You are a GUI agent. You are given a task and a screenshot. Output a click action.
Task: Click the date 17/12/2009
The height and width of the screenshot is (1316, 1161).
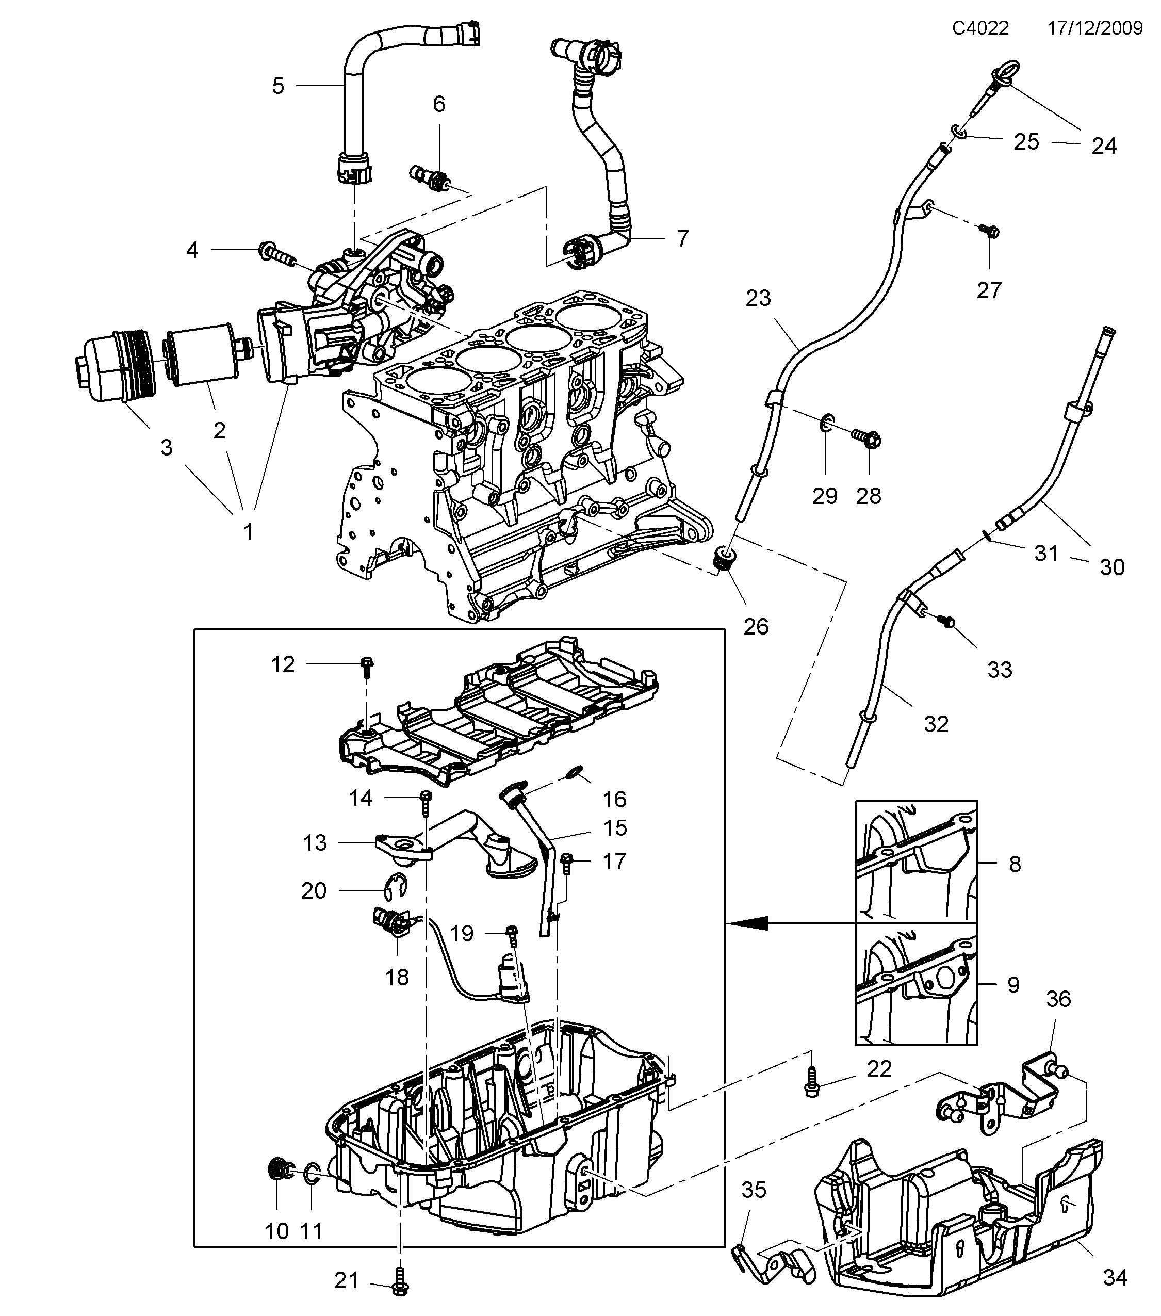pos(1094,28)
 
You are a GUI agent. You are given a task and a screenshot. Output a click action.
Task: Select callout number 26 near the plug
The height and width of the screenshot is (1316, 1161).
pos(756,626)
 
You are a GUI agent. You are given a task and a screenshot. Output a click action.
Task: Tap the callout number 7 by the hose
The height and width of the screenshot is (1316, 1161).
pos(683,238)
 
